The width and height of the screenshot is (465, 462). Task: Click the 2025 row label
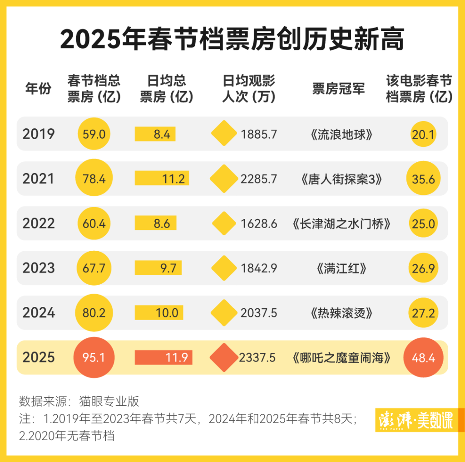pos(39,358)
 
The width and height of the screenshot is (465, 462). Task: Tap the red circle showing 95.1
pos(94,358)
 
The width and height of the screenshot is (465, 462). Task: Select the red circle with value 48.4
pos(424,358)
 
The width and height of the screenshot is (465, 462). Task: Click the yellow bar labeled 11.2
pos(162,179)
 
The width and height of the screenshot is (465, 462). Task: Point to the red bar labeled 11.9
pos(163,358)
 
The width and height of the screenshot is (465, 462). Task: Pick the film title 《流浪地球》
pos(339,134)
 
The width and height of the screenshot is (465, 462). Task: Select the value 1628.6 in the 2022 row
pos(259,224)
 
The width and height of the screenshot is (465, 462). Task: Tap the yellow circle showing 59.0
pos(94,134)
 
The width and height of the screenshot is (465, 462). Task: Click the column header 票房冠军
pos(338,89)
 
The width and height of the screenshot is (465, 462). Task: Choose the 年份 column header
pos(39,89)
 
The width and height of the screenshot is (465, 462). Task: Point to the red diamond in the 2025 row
pos(224,358)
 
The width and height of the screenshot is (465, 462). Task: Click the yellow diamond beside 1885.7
pos(224,134)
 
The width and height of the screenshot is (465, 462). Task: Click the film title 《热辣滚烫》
pos(339,313)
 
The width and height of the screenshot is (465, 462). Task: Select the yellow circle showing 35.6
pos(424,179)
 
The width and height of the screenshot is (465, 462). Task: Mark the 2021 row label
pos(39,179)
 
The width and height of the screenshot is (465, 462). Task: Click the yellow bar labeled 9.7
pos(158,268)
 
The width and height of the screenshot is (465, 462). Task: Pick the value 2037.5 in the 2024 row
pos(259,313)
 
